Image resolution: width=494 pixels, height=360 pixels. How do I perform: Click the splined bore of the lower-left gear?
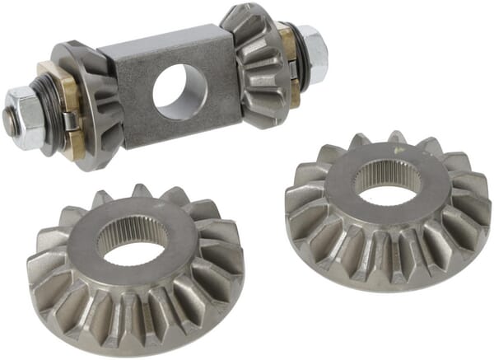[132, 243]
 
